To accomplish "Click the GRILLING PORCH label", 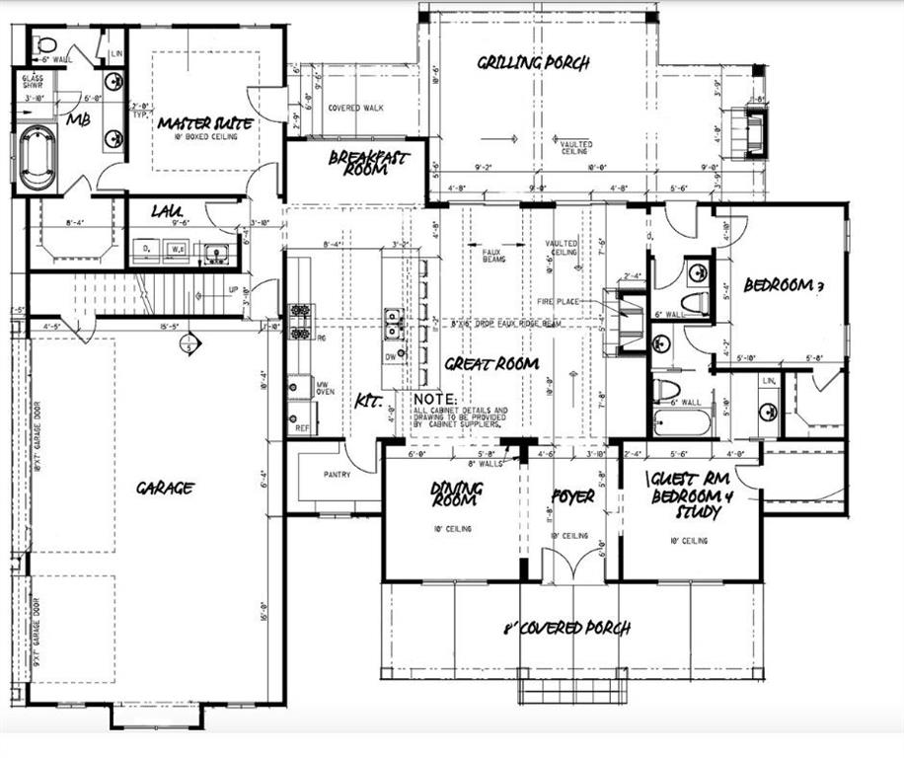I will tap(533, 63).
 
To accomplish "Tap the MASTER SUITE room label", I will tap(205, 123).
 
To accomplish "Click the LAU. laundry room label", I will tap(165, 211).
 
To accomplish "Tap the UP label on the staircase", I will tap(233, 290).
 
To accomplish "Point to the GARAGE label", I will tap(165, 487).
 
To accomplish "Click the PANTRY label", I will tap(338, 474).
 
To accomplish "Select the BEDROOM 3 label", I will tap(784, 286).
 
